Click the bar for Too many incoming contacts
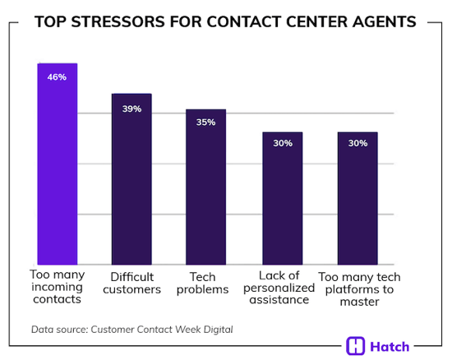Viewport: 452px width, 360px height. coord(57,164)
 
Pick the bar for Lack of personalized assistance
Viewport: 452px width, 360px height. coord(282,198)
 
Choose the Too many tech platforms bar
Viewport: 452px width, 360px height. coord(357,198)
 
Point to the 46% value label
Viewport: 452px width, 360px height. coord(57,77)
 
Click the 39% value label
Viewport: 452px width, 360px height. coord(131,108)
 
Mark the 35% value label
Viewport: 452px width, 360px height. coord(205,122)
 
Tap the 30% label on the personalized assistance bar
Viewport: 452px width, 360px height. coord(282,143)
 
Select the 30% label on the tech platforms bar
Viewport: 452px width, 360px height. coord(357,143)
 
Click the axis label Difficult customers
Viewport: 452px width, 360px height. coord(131,283)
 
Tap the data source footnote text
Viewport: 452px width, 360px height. coord(131,330)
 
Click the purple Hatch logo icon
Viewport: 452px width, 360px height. coord(356,346)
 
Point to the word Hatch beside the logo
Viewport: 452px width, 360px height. coord(390,346)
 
